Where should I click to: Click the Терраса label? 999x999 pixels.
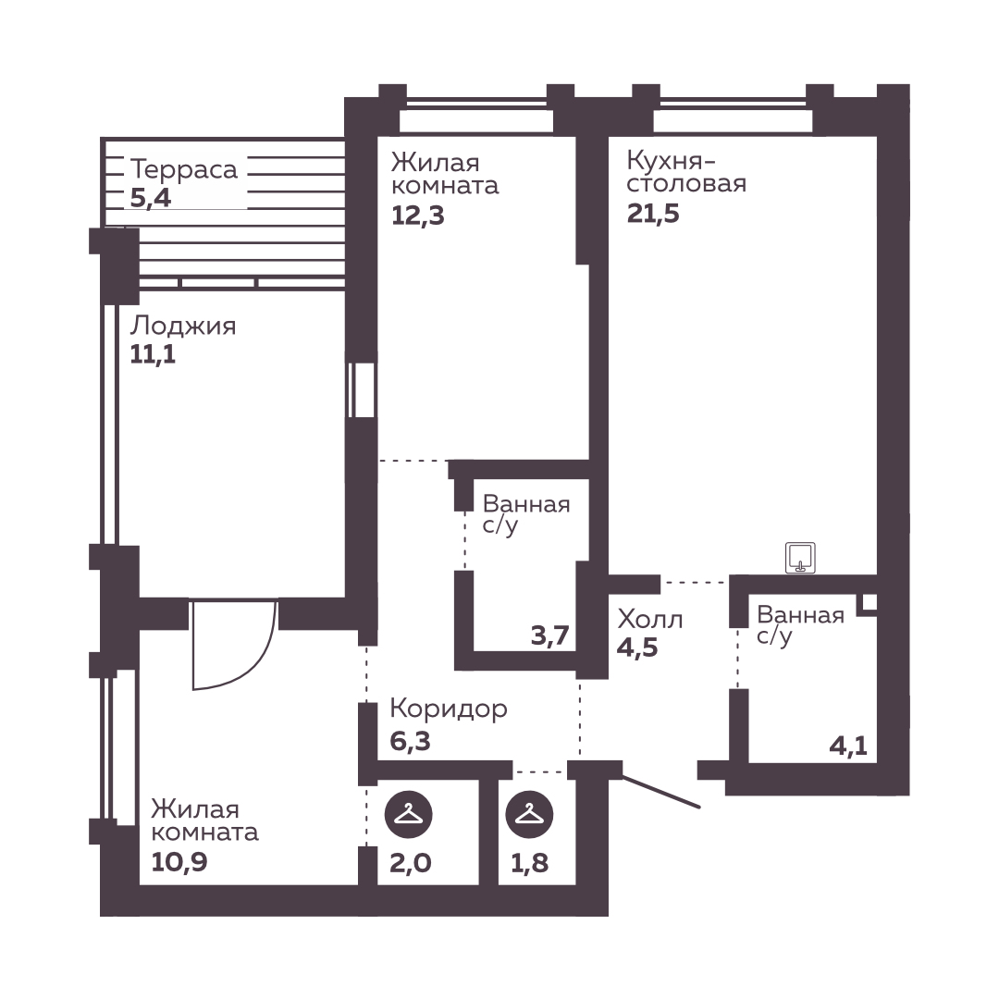(184, 170)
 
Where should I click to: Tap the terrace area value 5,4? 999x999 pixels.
(151, 198)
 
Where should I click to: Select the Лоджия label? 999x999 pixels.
(183, 327)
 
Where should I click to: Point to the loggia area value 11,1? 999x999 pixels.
(153, 354)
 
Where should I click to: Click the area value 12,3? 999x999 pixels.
(417, 216)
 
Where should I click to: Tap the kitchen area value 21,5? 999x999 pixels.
(653, 214)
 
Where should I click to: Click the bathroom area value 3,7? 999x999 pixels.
(549, 635)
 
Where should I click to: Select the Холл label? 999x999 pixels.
(650, 619)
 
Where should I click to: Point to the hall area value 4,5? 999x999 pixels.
(637, 647)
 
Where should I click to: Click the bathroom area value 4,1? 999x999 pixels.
(848, 745)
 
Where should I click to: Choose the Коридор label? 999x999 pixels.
(449, 709)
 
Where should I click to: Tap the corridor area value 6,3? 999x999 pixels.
(411, 741)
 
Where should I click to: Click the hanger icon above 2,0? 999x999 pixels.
(409, 814)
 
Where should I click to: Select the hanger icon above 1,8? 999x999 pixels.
(529, 814)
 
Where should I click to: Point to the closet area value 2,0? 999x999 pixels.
(411, 863)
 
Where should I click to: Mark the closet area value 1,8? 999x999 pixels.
(529, 863)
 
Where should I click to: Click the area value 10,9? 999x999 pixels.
(179, 862)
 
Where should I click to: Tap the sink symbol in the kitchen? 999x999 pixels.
(800, 558)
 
